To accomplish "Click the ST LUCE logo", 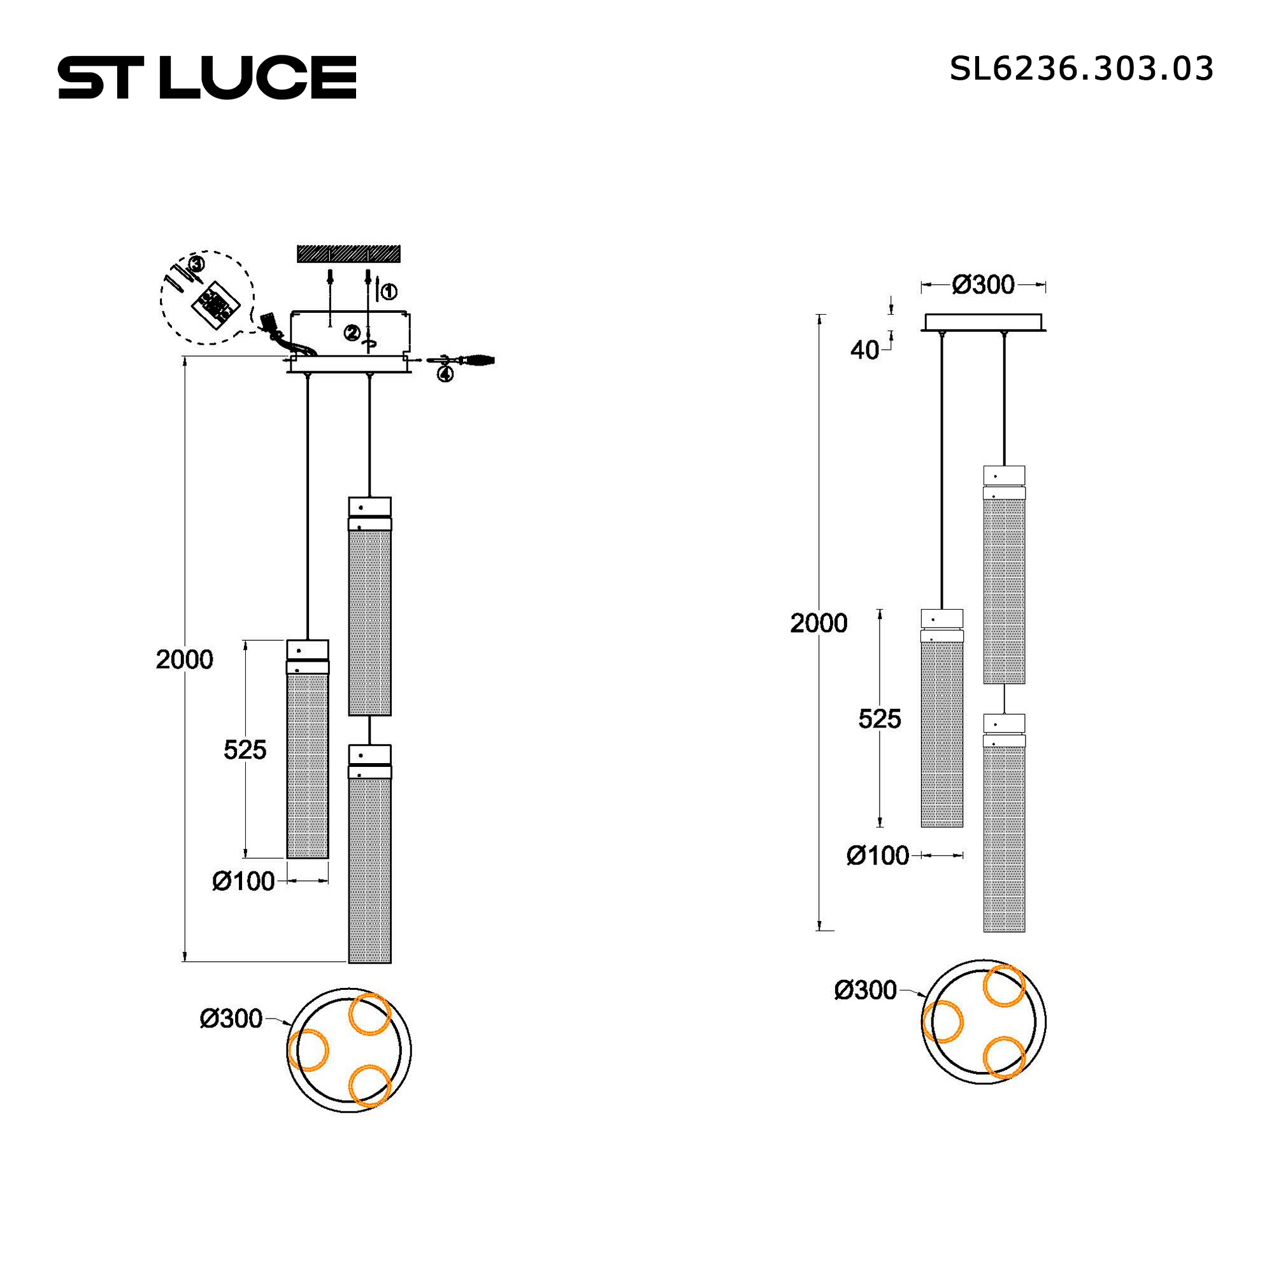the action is click(x=207, y=77).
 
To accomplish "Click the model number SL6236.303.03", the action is click(x=1082, y=69).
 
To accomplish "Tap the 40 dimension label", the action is click(x=864, y=350).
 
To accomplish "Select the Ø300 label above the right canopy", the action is click(x=983, y=285).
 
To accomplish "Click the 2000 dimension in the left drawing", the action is click(x=184, y=659).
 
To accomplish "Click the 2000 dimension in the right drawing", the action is click(x=819, y=623).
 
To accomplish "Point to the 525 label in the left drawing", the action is click(x=245, y=750).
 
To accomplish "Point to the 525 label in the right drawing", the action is click(x=879, y=719).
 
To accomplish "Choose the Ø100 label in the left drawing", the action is click(x=243, y=881).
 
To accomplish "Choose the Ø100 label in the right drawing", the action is click(x=878, y=855).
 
